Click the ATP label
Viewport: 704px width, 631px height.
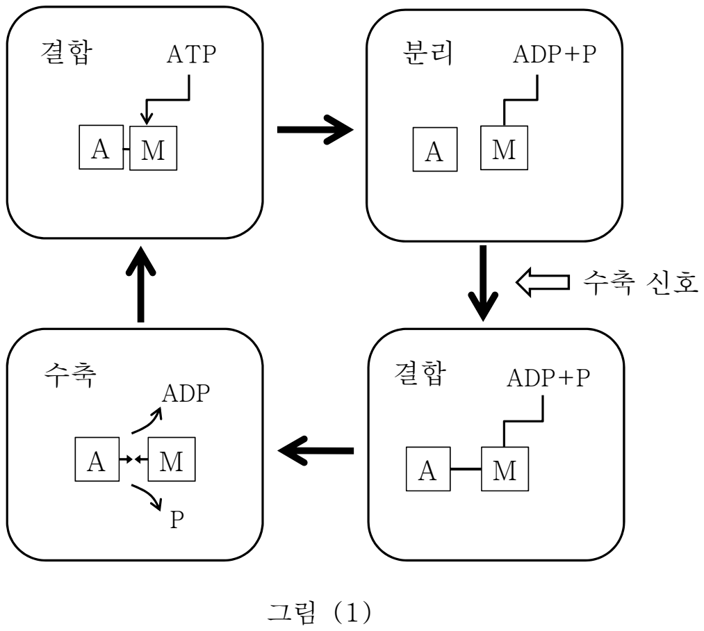[191, 54]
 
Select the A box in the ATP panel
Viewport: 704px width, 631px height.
[101, 147]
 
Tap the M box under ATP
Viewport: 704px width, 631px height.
[153, 148]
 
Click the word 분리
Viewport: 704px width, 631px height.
[427, 54]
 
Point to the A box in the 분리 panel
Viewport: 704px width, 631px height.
[435, 149]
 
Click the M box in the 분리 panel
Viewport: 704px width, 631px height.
[504, 148]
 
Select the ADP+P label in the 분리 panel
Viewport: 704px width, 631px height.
[555, 54]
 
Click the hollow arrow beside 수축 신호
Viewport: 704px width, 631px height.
[542, 282]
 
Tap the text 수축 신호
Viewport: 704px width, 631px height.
[640, 282]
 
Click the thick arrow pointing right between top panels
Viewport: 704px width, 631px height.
[316, 130]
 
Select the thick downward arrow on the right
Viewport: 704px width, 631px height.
[483, 283]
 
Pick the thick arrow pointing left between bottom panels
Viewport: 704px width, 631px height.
[316, 450]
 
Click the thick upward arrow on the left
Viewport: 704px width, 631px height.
[140, 284]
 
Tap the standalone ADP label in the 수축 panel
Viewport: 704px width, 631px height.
[186, 393]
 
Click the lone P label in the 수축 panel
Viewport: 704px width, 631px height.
[177, 519]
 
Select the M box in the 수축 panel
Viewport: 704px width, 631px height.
[172, 459]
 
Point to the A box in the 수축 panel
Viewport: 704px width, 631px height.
[97, 459]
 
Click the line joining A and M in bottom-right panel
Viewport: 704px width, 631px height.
[466, 469]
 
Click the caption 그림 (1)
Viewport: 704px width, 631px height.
[319, 612]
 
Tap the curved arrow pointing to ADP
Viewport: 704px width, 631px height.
[147, 420]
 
